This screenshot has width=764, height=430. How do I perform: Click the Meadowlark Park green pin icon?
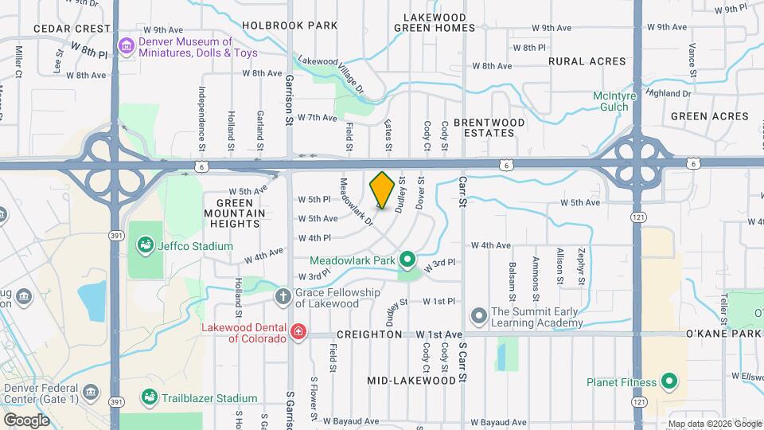[x=407, y=260]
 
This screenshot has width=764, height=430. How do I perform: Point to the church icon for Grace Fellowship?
[x=283, y=297]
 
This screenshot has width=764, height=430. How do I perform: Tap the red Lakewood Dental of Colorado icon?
[x=298, y=331]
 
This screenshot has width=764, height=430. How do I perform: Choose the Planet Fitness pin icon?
[x=668, y=381]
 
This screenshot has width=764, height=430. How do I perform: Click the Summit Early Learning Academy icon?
[x=478, y=317]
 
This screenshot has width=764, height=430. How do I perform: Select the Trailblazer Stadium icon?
[x=149, y=397]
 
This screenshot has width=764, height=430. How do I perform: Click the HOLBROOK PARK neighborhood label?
[x=290, y=25]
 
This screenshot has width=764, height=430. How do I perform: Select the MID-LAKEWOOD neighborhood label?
[x=412, y=381]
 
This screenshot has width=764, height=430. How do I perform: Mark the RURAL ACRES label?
[x=587, y=61]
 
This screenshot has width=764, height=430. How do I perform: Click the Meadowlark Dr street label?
[x=357, y=201]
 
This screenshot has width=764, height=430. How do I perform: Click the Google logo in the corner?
[x=26, y=420]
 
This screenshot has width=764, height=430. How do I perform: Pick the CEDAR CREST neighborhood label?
[x=72, y=28]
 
